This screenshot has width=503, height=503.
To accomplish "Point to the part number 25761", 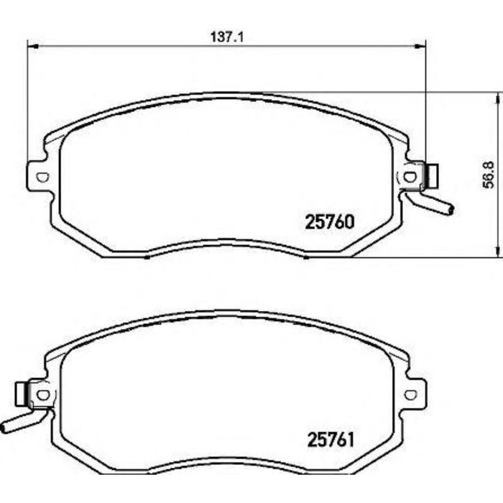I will tap(331, 438).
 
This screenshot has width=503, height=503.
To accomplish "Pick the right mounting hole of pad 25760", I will tap(411, 175).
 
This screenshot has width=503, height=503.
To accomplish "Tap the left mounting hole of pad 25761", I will tap(42, 394).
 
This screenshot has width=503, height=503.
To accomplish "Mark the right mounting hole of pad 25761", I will tap(411, 394).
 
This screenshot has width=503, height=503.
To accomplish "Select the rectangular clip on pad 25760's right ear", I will tap(433, 175).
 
